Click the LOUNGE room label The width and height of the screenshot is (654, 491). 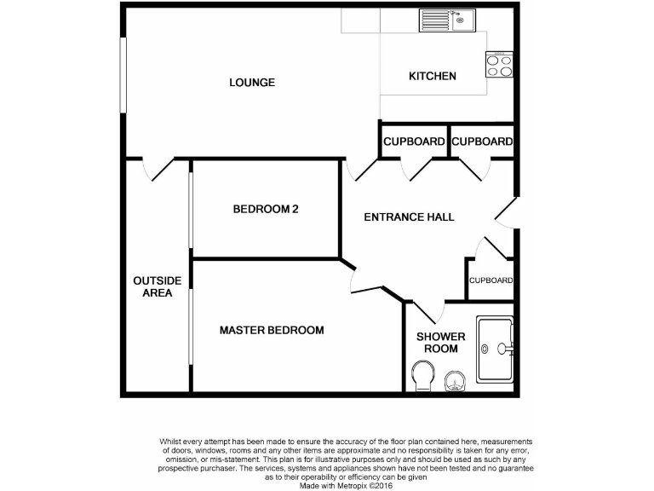252,83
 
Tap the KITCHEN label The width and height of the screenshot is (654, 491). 433,76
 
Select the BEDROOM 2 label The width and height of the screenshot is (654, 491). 266,209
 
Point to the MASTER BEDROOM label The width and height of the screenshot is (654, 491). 272,330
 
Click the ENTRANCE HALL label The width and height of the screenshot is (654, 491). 409,217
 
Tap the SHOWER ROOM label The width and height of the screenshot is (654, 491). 436,342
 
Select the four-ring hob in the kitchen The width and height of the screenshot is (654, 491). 500,65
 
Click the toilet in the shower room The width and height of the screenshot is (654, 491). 422,375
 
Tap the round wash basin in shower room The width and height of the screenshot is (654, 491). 455,381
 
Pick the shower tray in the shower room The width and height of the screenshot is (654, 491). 495,349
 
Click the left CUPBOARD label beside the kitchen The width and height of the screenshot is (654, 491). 414,142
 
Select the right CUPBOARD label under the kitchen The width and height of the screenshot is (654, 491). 482,142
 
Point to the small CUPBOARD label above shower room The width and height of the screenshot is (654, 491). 490,280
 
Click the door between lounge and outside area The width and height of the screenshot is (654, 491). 159,169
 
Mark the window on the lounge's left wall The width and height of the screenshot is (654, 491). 123,74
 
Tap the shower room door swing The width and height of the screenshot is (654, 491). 426,312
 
